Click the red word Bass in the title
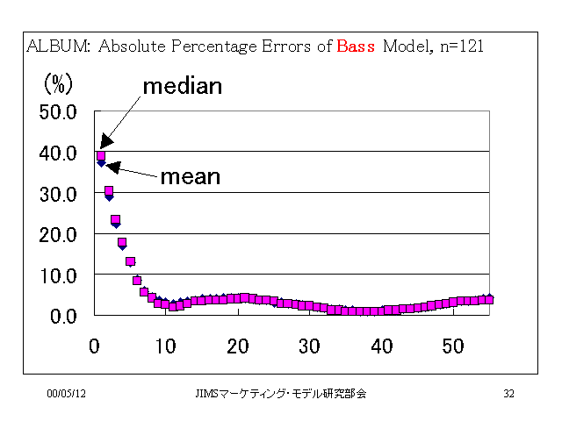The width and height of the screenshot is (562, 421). pos(356,46)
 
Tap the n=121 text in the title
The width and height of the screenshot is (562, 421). pos(462,46)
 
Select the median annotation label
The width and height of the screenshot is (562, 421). pos(183,86)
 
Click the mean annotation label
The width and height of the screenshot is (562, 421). pos(191,177)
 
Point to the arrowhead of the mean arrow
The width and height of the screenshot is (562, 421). pos(107,166)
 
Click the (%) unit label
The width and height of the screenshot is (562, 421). pos(59,84)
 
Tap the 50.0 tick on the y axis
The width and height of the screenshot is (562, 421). pos(58,112)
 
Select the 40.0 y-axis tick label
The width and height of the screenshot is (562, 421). pos(58,153)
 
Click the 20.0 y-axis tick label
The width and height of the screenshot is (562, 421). pos(58,236)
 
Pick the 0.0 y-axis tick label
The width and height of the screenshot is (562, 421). pos(63,317)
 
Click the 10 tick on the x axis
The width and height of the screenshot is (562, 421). pos(166,346)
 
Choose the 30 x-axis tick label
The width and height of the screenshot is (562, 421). pos(310,346)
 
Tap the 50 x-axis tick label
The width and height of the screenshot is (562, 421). pos(453,346)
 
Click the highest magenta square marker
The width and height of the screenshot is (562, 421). pos(101,156)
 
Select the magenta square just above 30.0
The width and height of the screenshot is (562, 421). pos(109,190)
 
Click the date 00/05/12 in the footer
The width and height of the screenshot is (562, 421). pos(67,394)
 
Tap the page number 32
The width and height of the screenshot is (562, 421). pos(509,394)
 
